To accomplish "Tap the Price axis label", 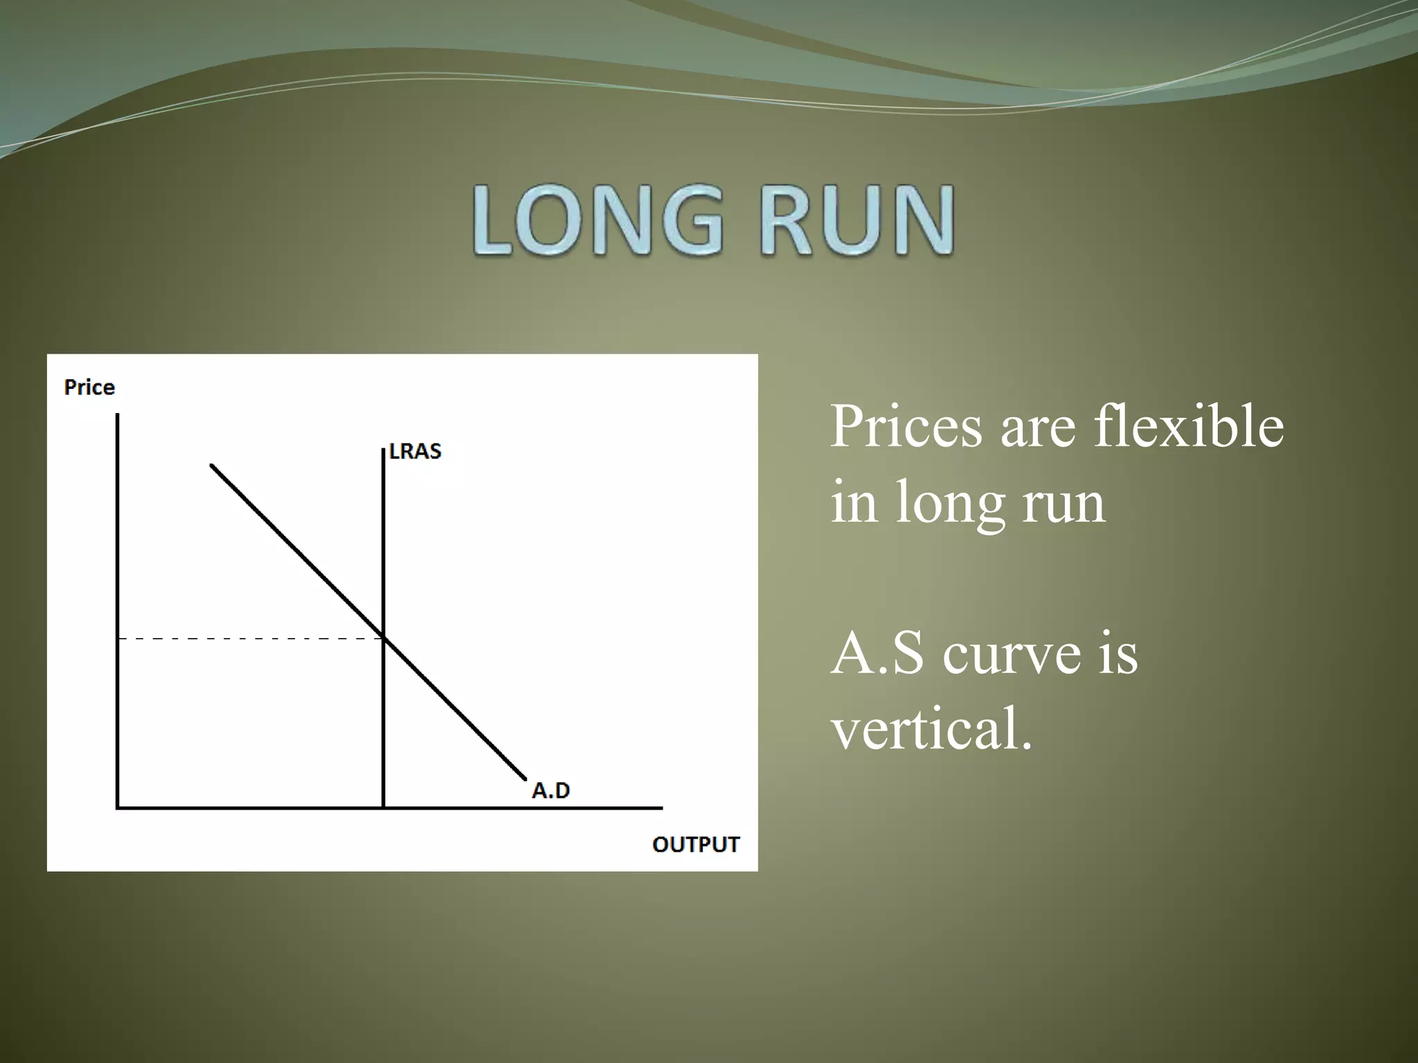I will point(89,387).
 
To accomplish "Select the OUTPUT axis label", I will point(696,844).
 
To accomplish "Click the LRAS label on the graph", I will point(415,451).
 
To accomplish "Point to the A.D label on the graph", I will point(550,790).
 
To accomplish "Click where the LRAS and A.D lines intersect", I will point(384,637).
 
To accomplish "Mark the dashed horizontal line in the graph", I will point(249,638).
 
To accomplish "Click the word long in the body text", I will point(951,504).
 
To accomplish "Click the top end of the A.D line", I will point(212,466).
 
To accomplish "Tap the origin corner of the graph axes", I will point(118,807).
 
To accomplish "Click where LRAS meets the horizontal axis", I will point(384,807).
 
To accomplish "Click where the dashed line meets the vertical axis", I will point(118,638).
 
